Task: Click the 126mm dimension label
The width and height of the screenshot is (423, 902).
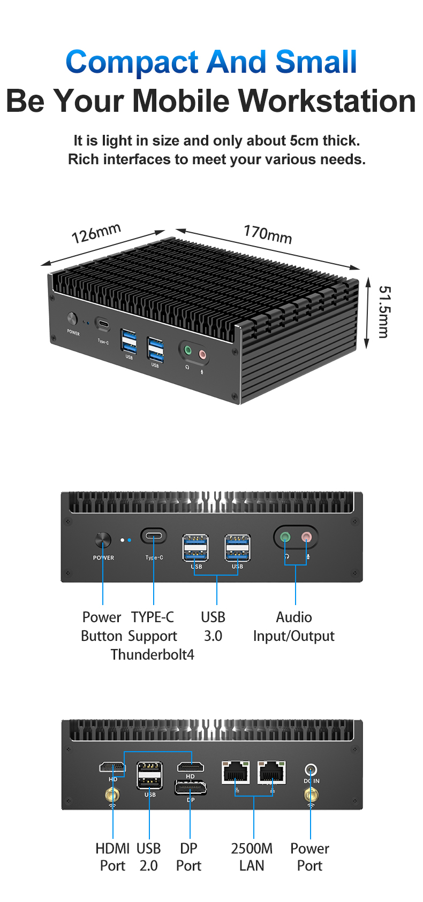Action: pyautogui.click(x=96, y=233)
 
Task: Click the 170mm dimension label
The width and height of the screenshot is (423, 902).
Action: pyautogui.click(x=268, y=234)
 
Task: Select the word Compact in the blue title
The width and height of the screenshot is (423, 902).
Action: pyautogui.click(x=132, y=62)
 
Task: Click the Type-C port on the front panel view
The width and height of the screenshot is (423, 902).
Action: pyautogui.click(x=154, y=536)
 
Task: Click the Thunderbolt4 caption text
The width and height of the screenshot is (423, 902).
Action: pyautogui.click(x=153, y=654)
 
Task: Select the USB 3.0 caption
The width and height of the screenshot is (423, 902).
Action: pyautogui.click(x=213, y=626)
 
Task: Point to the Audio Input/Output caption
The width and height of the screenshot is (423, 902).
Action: pyautogui.click(x=293, y=626)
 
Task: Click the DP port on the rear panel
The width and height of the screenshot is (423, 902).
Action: pyautogui.click(x=190, y=788)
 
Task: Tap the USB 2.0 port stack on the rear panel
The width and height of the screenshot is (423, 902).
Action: pyautogui.click(x=149, y=775)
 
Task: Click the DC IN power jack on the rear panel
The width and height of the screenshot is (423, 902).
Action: pyautogui.click(x=311, y=770)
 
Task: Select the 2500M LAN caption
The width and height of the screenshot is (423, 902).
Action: pyautogui.click(x=252, y=857)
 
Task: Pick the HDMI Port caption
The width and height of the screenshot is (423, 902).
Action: pyautogui.click(x=112, y=857)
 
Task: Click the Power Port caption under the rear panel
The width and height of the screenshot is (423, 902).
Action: pyautogui.click(x=309, y=857)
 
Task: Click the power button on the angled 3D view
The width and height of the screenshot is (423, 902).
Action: pyautogui.click(x=72, y=318)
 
